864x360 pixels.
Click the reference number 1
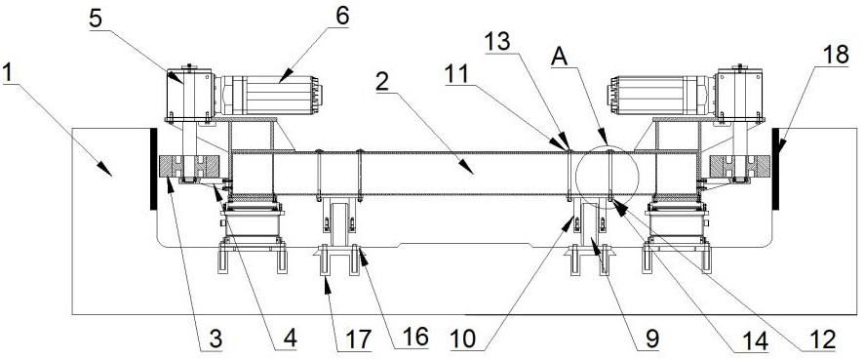tap(10, 73)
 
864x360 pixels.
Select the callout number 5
tap(95, 20)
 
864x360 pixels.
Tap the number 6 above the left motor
tap(341, 16)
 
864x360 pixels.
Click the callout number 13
tap(497, 43)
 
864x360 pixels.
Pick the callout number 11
tap(456, 73)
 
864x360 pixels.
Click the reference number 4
tap(290, 338)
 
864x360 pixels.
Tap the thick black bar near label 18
tap(776, 169)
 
